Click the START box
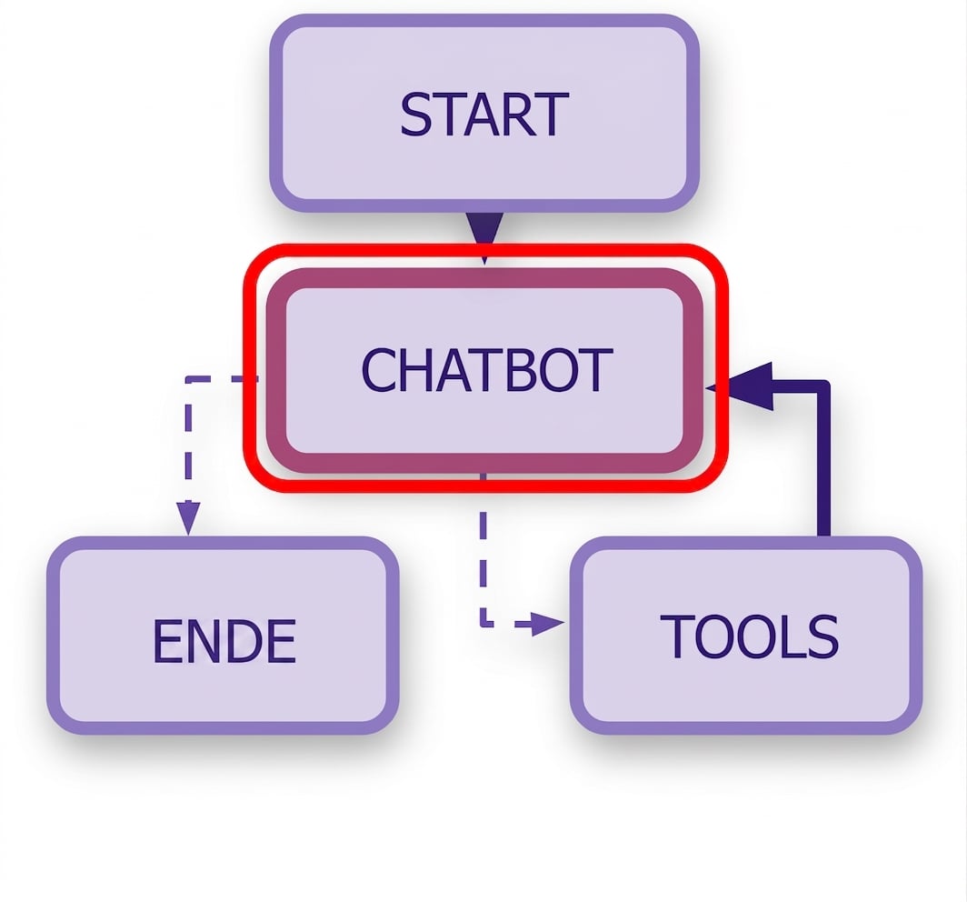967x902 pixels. [484, 113]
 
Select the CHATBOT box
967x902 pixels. [484, 370]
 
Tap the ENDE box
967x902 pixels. [223, 636]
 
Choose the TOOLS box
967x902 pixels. [746, 636]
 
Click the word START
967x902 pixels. [484, 115]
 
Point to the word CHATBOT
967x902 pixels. [486, 369]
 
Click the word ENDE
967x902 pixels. [224, 641]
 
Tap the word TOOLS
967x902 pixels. [749, 636]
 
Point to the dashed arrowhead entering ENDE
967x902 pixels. [188, 518]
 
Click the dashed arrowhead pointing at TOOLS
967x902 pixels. [547, 624]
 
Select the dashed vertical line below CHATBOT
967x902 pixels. [483, 549]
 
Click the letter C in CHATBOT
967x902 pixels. [379, 369]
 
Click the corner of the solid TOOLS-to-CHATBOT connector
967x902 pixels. [823, 386]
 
